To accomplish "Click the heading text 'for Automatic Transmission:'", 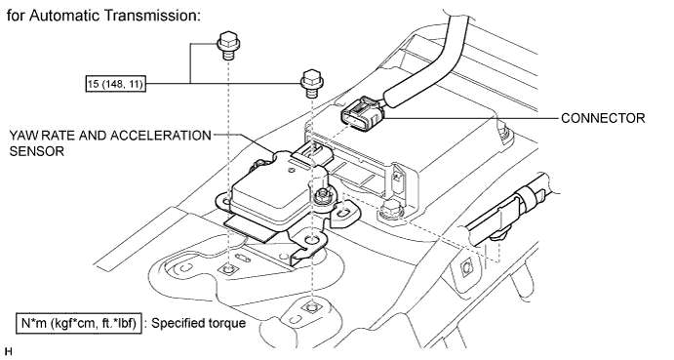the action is tap(103, 16).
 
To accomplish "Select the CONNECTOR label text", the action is tap(603, 118).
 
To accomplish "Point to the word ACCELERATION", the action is tap(160, 136).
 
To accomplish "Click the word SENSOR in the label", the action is tap(36, 151).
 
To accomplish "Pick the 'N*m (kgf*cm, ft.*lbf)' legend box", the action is tap(79, 323).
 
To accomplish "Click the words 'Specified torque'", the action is tap(198, 323).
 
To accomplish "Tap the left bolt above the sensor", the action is tap(228, 46).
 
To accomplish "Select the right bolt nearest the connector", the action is tap(311, 83).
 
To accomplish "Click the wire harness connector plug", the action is tap(362, 113).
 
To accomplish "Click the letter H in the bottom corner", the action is tap(9, 352).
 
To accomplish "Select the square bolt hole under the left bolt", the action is tap(227, 269).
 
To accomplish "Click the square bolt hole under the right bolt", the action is tap(310, 307).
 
